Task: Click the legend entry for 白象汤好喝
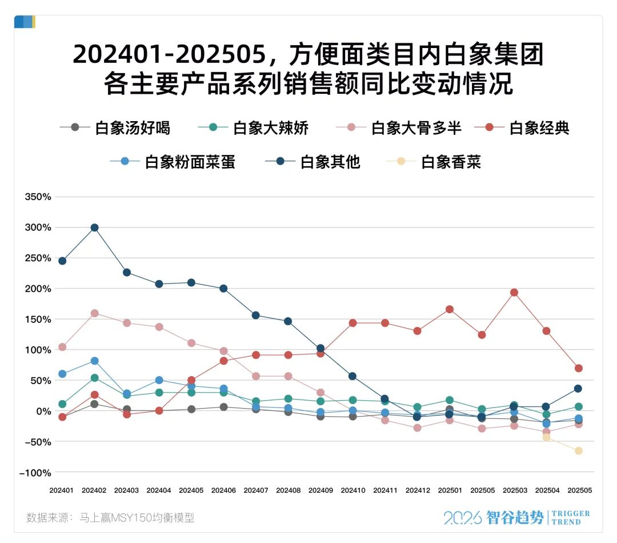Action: point(115,128)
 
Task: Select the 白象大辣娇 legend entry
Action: point(253,128)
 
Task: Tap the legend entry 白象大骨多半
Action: point(399,128)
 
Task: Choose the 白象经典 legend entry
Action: point(522,128)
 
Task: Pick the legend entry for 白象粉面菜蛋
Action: point(173,162)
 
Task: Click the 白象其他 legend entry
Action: point(312,162)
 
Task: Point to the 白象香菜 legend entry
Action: point(433,162)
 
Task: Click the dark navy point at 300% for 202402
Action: point(94,227)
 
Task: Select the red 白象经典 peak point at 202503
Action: point(514,293)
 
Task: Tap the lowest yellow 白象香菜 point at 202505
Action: point(578,451)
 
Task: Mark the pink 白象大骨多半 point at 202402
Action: point(94,313)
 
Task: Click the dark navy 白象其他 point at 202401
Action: point(62,261)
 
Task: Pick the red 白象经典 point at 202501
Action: point(450,309)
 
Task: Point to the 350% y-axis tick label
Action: point(38,197)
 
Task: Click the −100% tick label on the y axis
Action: point(35,473)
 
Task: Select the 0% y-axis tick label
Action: point(43,412)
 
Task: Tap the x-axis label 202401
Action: point(61,490)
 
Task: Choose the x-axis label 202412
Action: point(418,490)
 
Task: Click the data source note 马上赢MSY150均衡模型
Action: point(137,517)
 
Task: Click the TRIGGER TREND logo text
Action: point(571,518)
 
